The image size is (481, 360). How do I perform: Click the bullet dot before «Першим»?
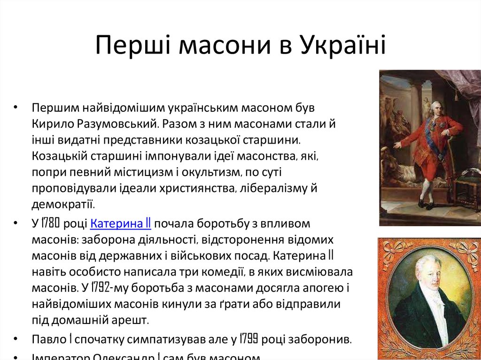click(16, 107)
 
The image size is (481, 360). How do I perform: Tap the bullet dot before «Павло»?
click(16, 338)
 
